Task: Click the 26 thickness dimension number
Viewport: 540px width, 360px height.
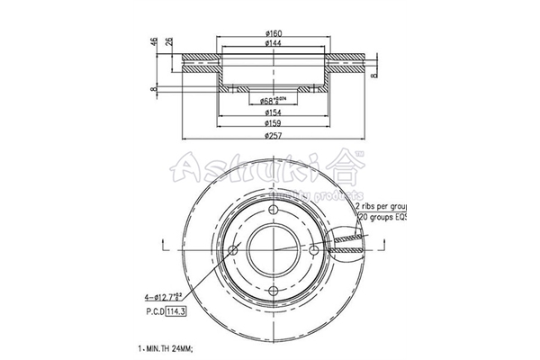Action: [x=169, y=46]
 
